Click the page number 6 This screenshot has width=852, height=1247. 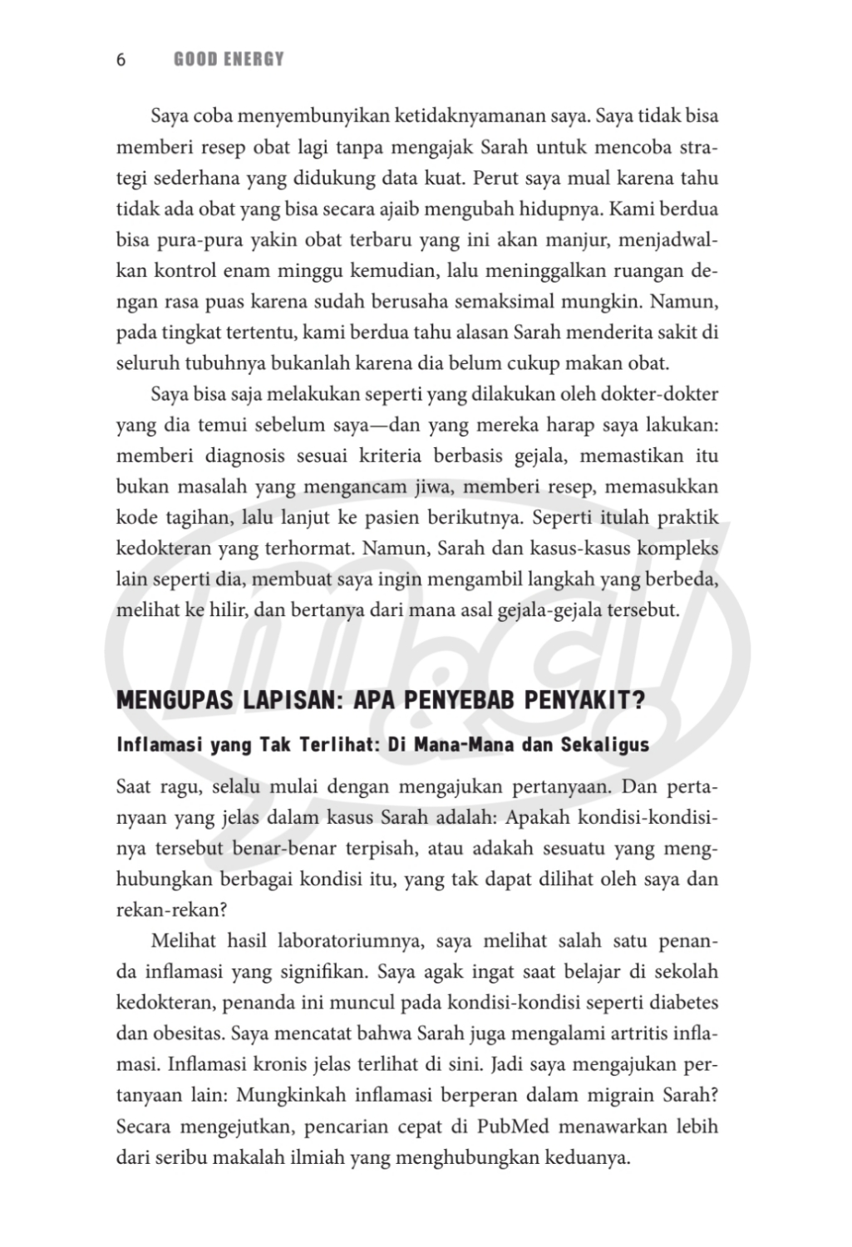121,60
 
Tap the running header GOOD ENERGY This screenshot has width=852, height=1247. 229,60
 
